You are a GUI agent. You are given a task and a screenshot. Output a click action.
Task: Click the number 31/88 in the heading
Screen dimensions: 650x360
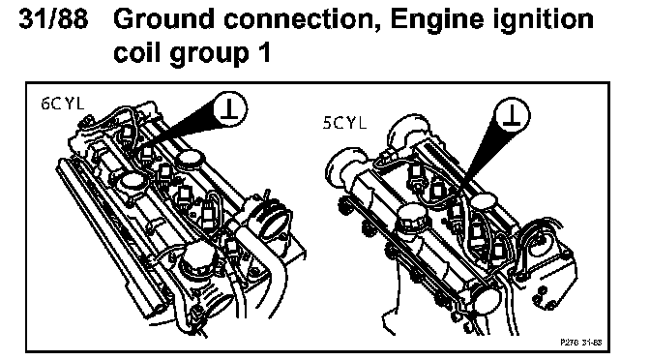pyautogui.click(x=54, y=19)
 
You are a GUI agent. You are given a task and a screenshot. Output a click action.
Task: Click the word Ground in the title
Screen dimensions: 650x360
pyautogui.click(x=163, y=19)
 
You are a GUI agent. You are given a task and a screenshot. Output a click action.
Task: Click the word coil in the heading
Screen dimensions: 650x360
pyautogui.click(x=137, y=52)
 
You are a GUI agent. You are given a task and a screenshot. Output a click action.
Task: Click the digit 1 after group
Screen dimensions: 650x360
pyautogui.click(x=264, y=52)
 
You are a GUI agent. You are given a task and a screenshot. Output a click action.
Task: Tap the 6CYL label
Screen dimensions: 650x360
pyautogui.click(x=62, y=104)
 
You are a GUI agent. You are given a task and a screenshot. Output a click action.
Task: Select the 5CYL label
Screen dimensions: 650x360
pyautogui.click(x=344, y=123)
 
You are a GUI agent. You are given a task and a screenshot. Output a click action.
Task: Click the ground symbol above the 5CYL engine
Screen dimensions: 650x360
pyautogui.click(x=513, y=115)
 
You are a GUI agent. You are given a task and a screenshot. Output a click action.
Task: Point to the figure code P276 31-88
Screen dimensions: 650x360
pyautogui.click(x=580, y=343)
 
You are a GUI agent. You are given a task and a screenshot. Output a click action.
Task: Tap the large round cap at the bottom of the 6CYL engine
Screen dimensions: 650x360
pyautogui.click(x=200, y=258)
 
